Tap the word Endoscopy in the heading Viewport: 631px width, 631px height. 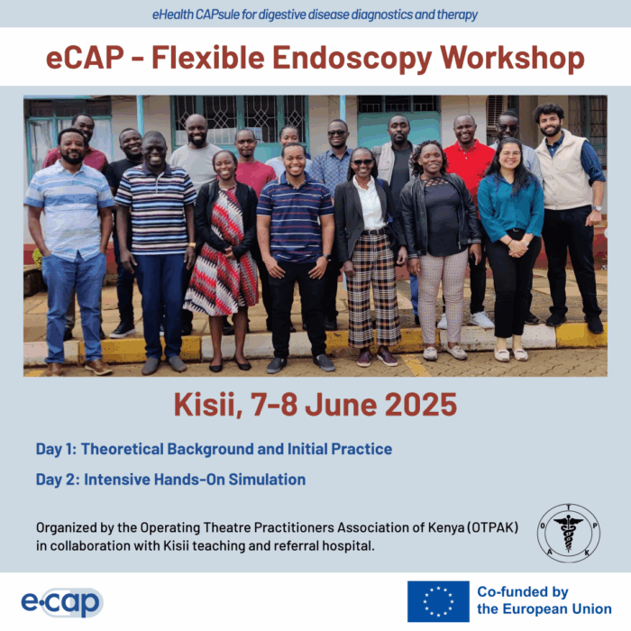point(352,59)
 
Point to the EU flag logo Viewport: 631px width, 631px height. point(438,601)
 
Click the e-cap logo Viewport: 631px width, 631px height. point(62,602)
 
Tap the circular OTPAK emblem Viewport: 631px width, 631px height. point(569,533)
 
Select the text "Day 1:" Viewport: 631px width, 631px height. point(56,449)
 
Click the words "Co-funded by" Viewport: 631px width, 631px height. point(523,592)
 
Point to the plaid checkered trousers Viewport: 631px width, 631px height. point(373,289)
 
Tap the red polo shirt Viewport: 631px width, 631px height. point(470,166)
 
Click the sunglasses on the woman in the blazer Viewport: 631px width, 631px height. point(363,162)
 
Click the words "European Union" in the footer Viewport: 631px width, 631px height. point(557,608)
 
